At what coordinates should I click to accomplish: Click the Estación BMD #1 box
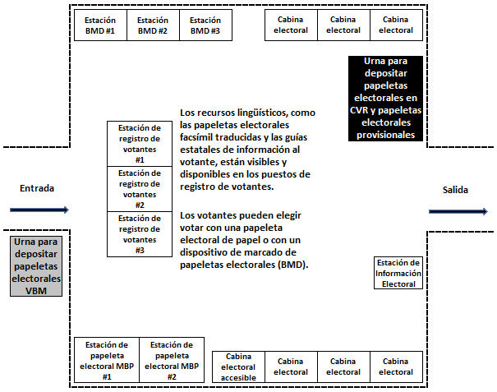click(100, 25)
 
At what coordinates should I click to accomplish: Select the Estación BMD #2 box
click(153, 25)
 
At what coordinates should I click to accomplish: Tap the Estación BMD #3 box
click(205, 25)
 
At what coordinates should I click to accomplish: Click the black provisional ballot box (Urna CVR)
click(385, 99)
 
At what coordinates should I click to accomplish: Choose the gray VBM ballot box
click(36, 266)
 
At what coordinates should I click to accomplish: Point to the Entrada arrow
click(39, 210)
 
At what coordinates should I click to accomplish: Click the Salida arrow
click(458, 211)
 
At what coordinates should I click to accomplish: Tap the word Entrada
click(37, 188)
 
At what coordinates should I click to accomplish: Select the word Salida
click(455, 190)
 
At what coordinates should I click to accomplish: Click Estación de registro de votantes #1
click(140, 144)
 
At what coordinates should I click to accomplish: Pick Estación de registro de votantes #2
click(140, 189)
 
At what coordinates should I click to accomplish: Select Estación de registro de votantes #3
click(140, 234)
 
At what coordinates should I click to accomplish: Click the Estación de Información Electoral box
click(398, 273)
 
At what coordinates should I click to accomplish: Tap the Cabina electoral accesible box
click(238, 367)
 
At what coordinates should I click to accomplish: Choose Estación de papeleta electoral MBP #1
click(107, 360)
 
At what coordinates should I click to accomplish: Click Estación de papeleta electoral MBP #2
click(172, 360)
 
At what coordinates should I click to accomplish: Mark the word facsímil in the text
click(196, 137)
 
